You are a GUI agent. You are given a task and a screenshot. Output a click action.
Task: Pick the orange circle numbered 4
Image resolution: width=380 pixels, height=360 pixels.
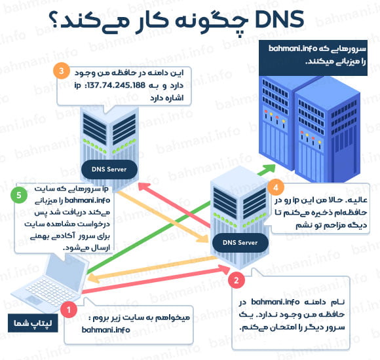pyautogui.click(x=276, y=187)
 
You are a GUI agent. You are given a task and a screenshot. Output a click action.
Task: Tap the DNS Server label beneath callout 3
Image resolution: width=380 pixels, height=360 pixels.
pyautogui.click(x=110, y=170)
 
